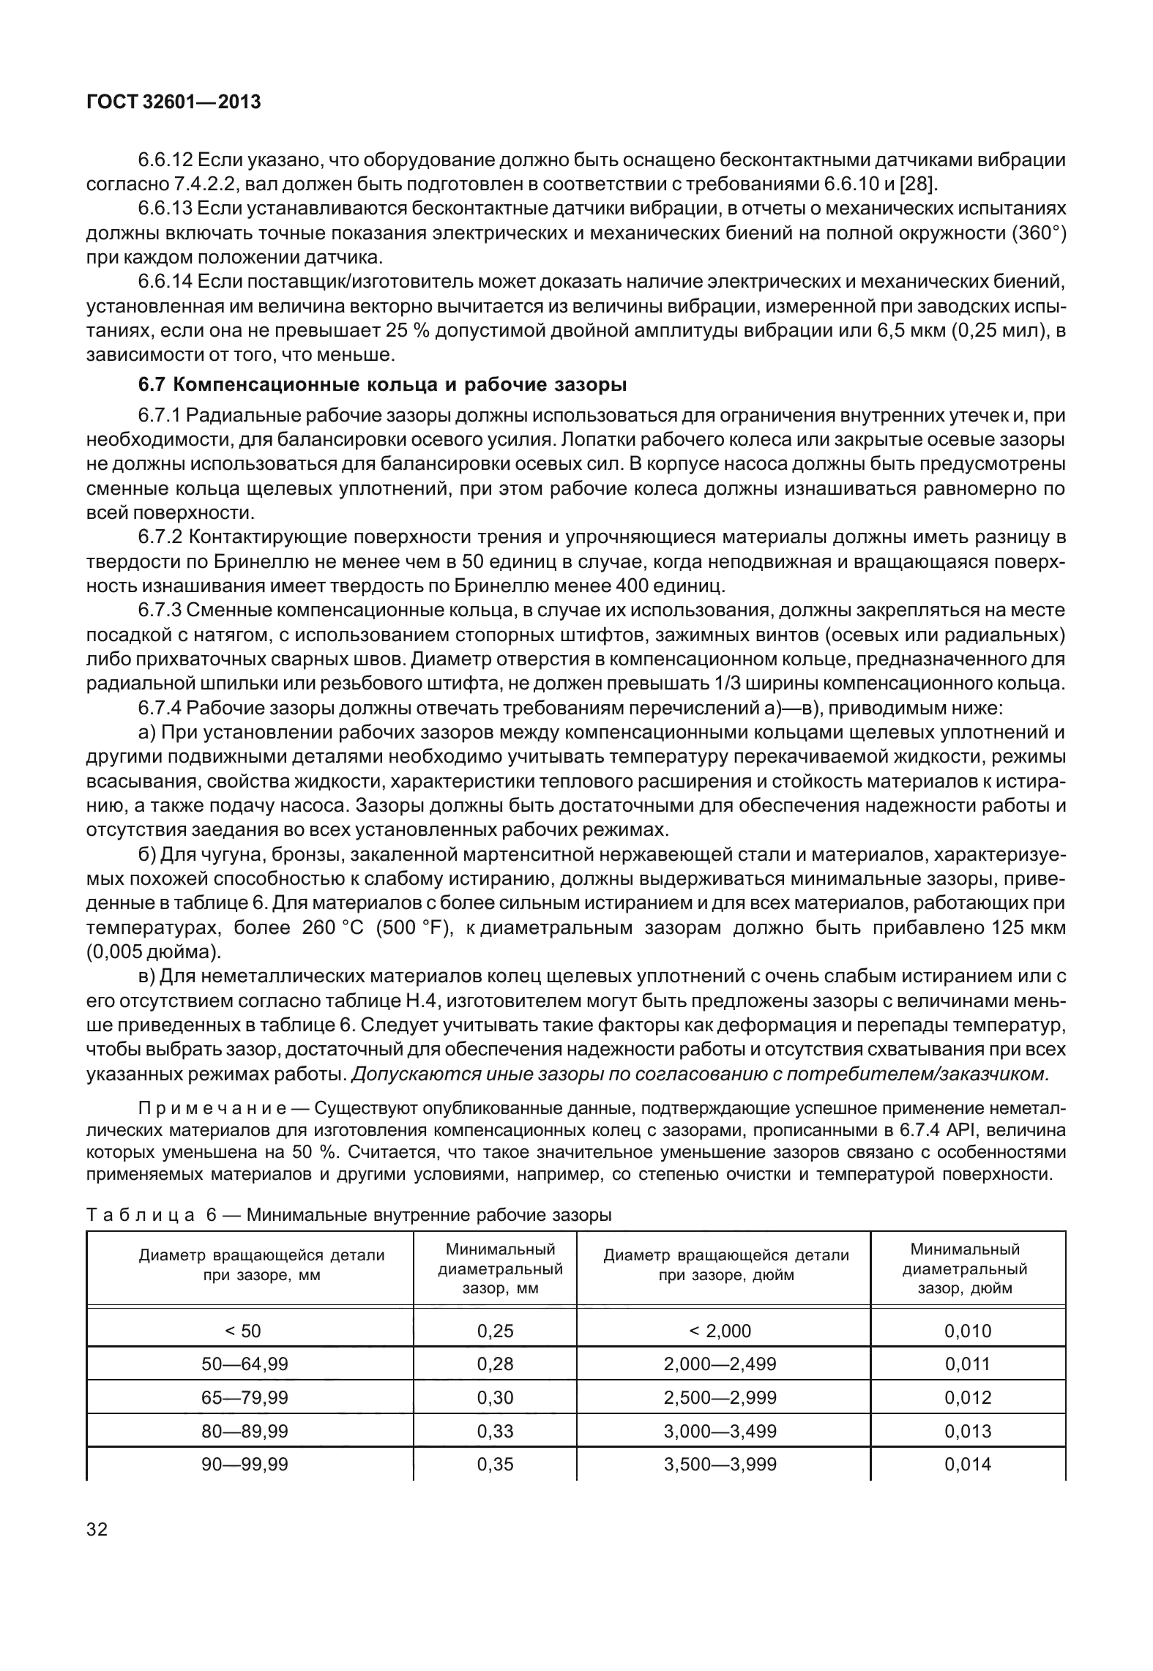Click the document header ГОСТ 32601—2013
173,102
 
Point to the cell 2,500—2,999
720,1397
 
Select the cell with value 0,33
495,1430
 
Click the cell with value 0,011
967,1364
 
